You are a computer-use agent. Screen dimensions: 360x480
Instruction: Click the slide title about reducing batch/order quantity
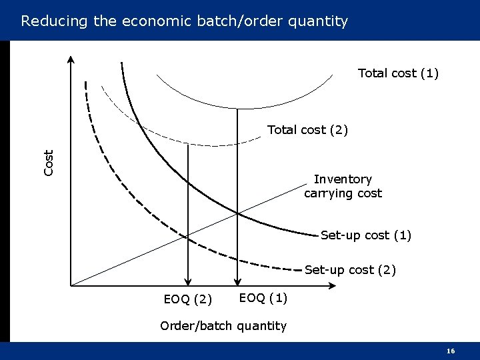pyautogui.click(x=184, y=21)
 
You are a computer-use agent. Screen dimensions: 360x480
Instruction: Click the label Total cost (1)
pyautogui.click(x=398, y=73)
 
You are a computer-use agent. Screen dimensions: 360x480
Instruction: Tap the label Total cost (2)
pyautogui.click(x=307, y=130)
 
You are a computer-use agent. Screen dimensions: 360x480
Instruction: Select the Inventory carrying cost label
pyautogui.click(x=343, y=187)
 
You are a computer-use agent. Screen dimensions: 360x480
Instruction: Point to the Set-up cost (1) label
pyautogui.click(x=366, y=235)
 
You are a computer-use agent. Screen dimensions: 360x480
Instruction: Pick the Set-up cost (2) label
pyautogui.click(x=350, y=270)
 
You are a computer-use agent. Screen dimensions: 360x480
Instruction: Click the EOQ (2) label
pyautogui.click(x=188, y=299)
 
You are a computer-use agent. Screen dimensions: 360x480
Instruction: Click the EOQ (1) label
pyautogui.click(x=263, y=297)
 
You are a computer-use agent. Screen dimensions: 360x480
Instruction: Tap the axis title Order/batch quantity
pyautogui.click(x=223, y=326)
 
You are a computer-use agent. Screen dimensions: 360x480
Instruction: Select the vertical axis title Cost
pyautogui.click(x=49, y=163)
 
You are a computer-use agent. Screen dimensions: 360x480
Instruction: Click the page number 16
pyautogui.click(x=451, y=351)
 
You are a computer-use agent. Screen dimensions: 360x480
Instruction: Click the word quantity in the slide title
pyautogui.click(x=317, y=21)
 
